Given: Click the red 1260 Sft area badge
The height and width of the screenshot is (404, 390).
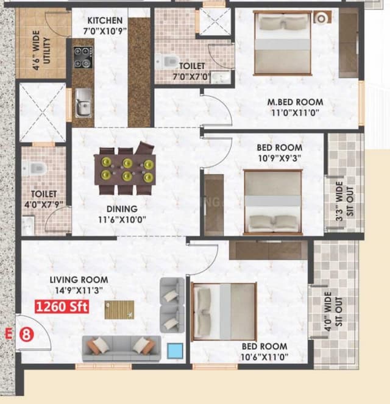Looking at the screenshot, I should tap(62, 307).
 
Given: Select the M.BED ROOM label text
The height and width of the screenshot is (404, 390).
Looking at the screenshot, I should tap(296, 102).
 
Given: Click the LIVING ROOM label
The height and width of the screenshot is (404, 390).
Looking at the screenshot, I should tap(79, 280).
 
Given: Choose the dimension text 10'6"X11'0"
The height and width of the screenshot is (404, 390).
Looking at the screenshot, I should tap(264, 358).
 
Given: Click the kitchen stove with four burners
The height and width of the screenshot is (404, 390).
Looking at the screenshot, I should tap(82, 57).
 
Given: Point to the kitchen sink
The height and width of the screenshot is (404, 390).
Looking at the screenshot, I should tap(83, 101).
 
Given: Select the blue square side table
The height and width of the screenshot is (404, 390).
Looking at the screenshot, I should tap(175, 350).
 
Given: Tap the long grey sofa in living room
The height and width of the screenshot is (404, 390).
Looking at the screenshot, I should tap(121, 347).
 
